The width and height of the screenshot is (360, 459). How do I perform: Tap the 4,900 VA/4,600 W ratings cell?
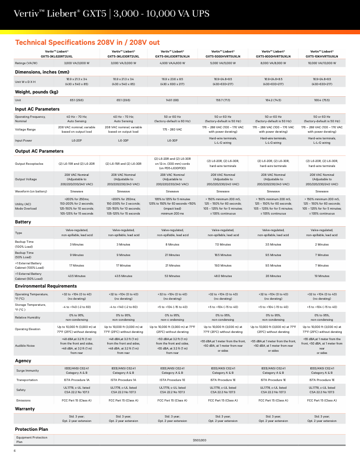point(173,64)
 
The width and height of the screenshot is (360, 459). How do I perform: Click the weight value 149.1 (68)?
point(173,100)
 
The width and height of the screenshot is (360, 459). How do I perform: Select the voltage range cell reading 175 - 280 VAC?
point(173,131)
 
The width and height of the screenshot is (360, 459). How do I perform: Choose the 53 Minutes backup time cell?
point(173,275)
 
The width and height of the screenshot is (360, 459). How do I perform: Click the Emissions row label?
point(23,400)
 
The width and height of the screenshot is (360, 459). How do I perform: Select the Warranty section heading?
point(25,409)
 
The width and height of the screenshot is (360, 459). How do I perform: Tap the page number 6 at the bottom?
point(14,452)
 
